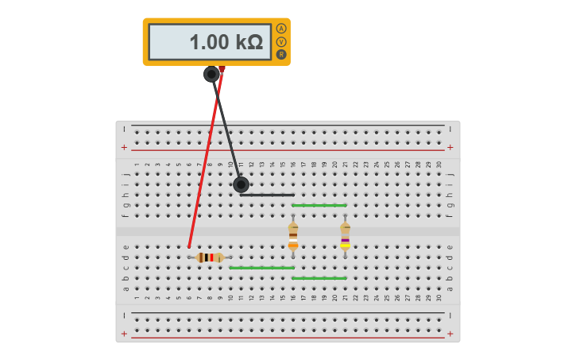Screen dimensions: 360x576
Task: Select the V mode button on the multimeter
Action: [281, 41]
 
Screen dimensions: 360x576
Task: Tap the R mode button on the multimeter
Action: [281, 54]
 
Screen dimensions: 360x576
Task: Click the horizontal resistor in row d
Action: [210, 257]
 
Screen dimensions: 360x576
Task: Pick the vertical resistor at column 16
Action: [293, 236]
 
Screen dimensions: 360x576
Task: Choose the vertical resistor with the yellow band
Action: [345, 236]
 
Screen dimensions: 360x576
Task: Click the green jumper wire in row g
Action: [319, 205]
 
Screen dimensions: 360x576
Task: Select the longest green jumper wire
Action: [261, 268]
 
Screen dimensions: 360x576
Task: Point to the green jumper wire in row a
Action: [319, 278]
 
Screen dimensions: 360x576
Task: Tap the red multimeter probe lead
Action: [205, 159]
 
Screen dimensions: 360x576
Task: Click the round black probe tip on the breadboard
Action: [241, 184]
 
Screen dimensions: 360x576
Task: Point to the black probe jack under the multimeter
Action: [211, 74]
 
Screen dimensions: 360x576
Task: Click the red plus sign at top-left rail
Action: [124, 147]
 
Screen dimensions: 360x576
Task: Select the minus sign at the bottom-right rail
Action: [450, 315]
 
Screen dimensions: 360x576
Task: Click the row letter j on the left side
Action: [126, 174]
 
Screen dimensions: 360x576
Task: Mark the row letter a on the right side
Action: [450, 288]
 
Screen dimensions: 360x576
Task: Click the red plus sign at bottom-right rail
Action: [450, 334]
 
